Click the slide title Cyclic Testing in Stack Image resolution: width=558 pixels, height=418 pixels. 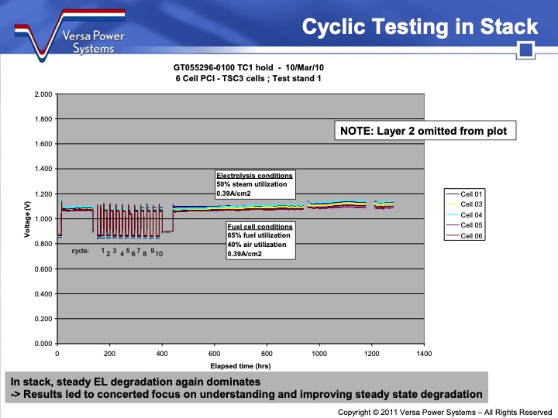click(x=419, y=27)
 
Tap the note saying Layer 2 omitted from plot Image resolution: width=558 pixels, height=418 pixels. click(x=424, y=131)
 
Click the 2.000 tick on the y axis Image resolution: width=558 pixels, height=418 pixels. click(x=43, y=94)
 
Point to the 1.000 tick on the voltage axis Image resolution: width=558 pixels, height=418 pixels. click(x=43, y=219)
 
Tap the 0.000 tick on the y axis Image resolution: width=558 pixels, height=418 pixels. click(x=43, y=344)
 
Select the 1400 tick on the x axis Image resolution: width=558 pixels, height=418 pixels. click(x=424, y=353)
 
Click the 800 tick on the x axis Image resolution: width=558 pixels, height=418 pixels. click(x=267, y=353)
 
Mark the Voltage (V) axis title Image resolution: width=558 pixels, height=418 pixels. click(x=27, y=219)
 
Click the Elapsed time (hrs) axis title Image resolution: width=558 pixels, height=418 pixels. click(x=241, y=365)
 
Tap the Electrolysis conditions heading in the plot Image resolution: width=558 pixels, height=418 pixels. click(x=254, y=176)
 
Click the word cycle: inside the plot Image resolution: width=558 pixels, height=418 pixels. click(x=81, y=251)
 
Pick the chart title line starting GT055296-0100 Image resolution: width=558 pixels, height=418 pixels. click(x=241, y=67)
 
